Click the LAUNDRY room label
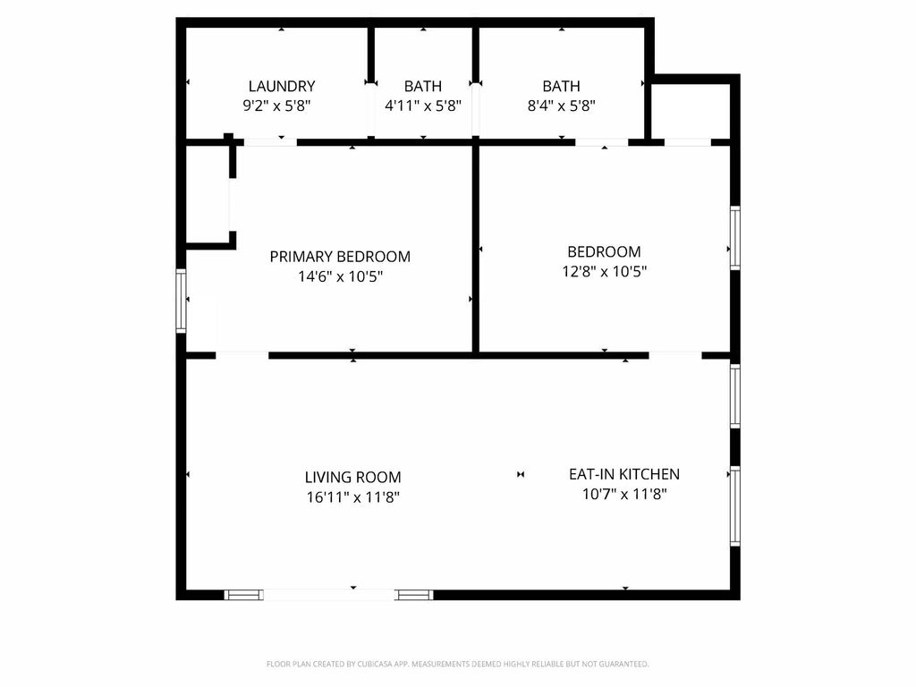pos(282,87)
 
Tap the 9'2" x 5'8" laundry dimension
pos(277,106)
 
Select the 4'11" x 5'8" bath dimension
pos(423,106)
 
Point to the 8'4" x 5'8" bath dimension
pos(562,106)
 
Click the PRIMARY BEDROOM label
pos(340,257)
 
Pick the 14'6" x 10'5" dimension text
pos(341,276)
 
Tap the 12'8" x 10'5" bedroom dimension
pos(605,272)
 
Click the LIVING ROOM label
pos(352,478)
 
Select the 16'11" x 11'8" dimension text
pos(352,497)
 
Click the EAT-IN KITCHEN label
pos(624,474)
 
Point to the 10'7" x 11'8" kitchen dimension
pos(624,494)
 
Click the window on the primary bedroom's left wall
pos(181,301)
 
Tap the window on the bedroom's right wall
pos(735,238)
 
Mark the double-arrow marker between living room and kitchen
pos(521,474)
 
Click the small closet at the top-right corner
pos(691,111)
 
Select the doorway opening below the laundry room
pos(270,142)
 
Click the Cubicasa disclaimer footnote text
pos(458,665)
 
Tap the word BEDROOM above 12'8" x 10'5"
pos(604,251)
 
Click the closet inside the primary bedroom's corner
pos(208,193)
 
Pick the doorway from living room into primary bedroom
pos(242,355)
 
